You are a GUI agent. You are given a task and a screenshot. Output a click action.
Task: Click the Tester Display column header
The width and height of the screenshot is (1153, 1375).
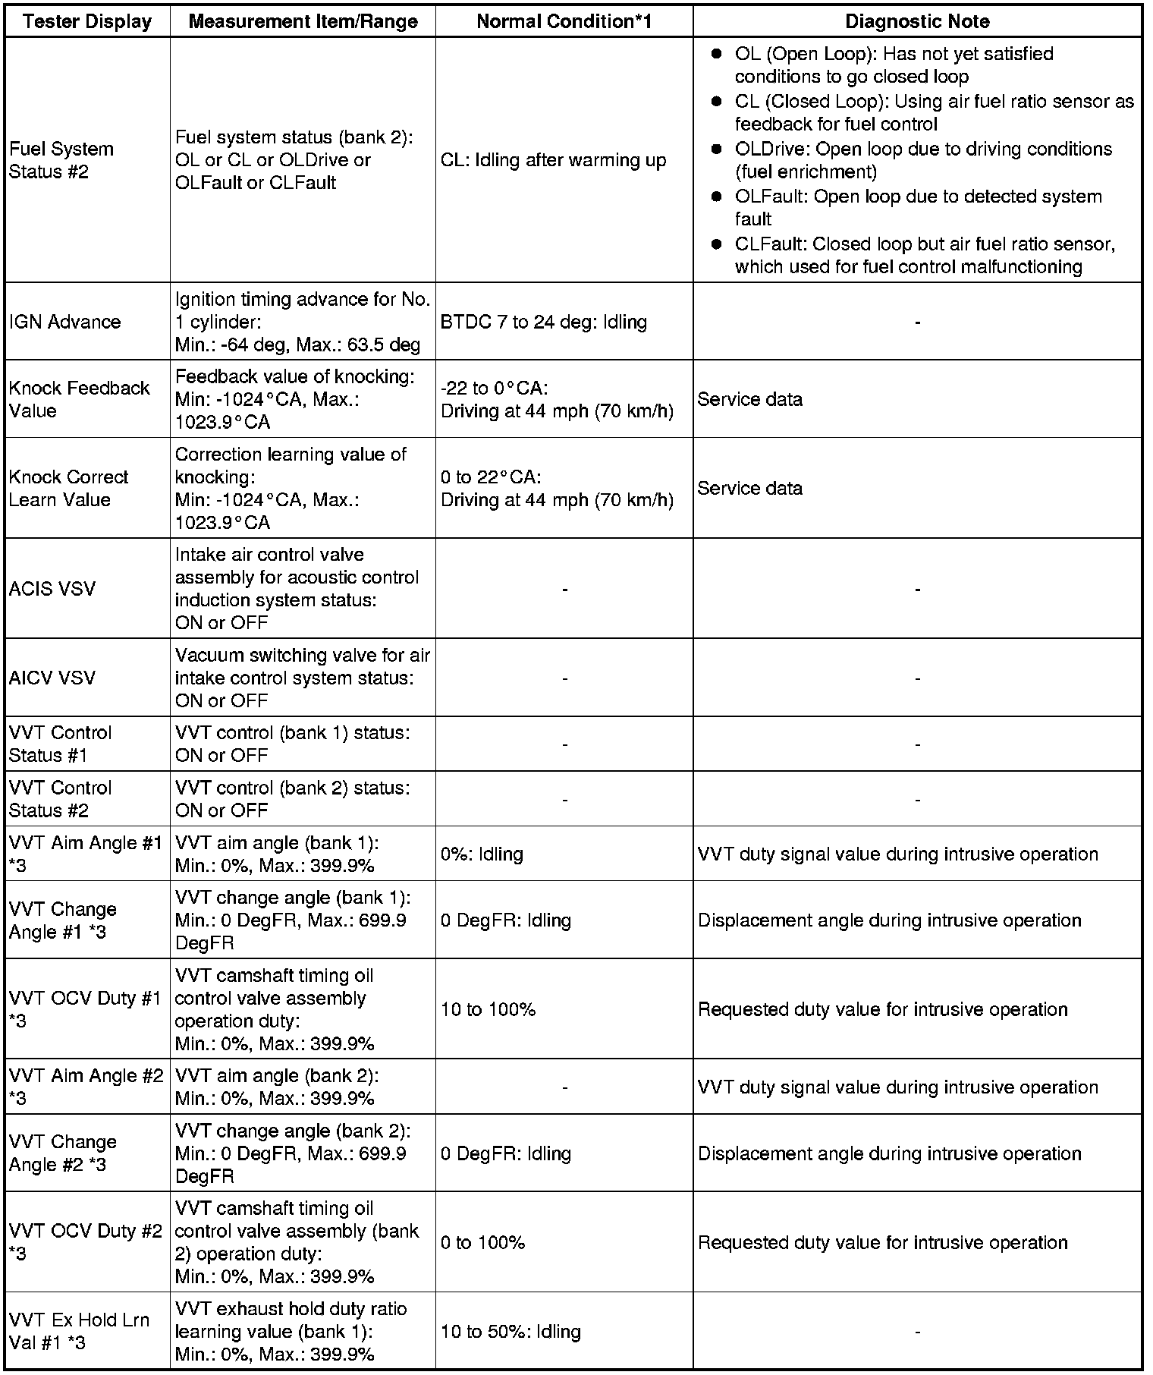[x=87, y=21]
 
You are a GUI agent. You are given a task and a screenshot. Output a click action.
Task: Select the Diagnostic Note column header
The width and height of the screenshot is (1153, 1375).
[x=917, y=21]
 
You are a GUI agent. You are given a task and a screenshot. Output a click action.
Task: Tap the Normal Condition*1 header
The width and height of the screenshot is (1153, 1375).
[x=564, y=21]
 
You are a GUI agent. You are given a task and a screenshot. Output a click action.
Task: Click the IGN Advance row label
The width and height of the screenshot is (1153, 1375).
[x=65, y=322]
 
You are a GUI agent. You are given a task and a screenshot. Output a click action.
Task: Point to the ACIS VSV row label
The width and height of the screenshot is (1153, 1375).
[x=52, y=589]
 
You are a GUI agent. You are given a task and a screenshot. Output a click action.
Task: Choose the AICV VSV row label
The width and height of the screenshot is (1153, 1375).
[x=52, y=678]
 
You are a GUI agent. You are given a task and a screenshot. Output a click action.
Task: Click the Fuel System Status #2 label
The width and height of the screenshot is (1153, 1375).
[x=61, y=160]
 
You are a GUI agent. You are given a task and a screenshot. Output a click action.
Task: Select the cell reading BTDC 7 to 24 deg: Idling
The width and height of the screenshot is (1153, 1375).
[x=544, y=322]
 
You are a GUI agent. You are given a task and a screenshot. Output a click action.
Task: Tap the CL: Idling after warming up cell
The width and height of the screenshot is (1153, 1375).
[x=553, y=160]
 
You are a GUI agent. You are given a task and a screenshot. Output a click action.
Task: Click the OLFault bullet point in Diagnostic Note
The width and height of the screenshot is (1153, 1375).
[x=918, y=207]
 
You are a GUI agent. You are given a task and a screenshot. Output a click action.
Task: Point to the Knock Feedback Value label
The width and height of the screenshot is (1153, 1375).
[x=80, y=399]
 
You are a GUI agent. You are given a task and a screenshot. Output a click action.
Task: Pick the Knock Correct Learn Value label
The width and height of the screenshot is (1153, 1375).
[x=69, y=488]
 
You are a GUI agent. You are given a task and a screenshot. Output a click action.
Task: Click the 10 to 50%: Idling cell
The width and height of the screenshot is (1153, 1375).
[x=511, y=1331]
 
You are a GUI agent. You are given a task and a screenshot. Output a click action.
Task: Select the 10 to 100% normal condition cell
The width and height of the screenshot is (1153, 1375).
[x=489, y=1009]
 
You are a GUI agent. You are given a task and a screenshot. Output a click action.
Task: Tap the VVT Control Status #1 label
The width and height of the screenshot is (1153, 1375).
[x=61, y=744]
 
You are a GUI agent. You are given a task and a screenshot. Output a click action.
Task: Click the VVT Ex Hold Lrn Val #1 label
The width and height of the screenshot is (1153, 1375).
[x=80, y=1331]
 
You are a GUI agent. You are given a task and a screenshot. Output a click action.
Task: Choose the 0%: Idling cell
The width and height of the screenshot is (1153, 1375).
[x=482, y=854]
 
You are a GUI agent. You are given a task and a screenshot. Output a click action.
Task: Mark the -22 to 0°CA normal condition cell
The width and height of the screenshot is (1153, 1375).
[x=557, y=399]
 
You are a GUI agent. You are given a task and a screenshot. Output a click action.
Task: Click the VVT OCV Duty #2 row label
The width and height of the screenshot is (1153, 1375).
[x=85, y=1242]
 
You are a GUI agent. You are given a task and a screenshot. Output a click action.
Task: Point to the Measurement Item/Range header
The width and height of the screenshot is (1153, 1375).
[x=303, y=21]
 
